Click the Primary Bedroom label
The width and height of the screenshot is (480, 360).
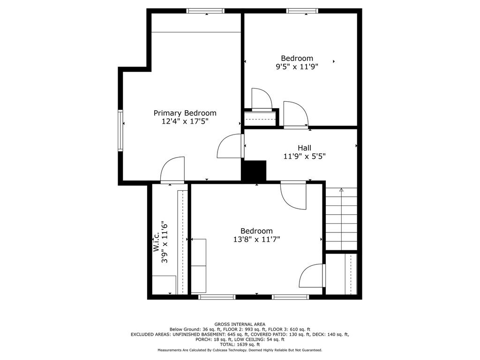click(185, 113)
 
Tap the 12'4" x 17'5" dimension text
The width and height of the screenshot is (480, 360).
click(185, 121)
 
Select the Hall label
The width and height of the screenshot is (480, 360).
click(304, 148)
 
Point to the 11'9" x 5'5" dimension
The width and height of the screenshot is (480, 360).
click(304, 157)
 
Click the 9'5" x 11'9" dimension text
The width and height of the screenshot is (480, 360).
click(297, 67)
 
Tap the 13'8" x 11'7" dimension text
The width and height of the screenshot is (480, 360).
click(256, 240)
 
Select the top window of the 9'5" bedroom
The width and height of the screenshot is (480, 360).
click(302, 11)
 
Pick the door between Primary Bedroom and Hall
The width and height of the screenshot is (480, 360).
click(231, 146)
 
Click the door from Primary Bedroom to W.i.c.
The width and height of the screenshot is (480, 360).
click(172, 171)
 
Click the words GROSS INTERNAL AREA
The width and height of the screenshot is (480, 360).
click(240, 324)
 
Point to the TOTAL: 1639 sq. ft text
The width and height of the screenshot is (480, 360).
click(240, 345)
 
